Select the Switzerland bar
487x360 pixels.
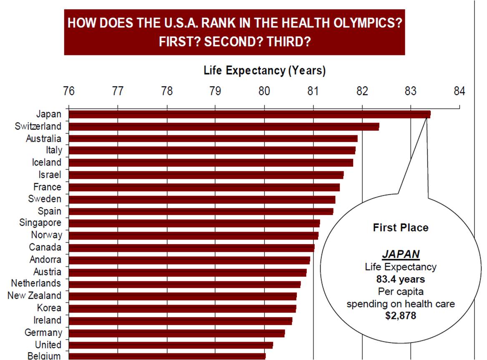click(x=224, y=126)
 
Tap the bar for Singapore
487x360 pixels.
click(x=194, y=223)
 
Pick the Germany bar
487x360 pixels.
click(x=177, y=333)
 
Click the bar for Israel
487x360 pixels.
click(x=206, y=175)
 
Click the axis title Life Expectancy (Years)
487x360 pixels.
click(x=264, y=70)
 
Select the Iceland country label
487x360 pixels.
click(x=47, y=162)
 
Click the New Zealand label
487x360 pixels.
click(x=34, y=296)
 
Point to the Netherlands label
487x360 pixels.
click(x=36, y=284)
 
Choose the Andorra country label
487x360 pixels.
click(x=45, y=260)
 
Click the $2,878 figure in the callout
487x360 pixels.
click(x=400, y=315)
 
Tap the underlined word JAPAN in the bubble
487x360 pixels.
click(x=401, y=255)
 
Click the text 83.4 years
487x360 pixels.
click(x=401, y=279)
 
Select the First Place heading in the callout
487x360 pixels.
click(x=401, y=227)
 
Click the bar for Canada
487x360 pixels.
click(x=191, y=247)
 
